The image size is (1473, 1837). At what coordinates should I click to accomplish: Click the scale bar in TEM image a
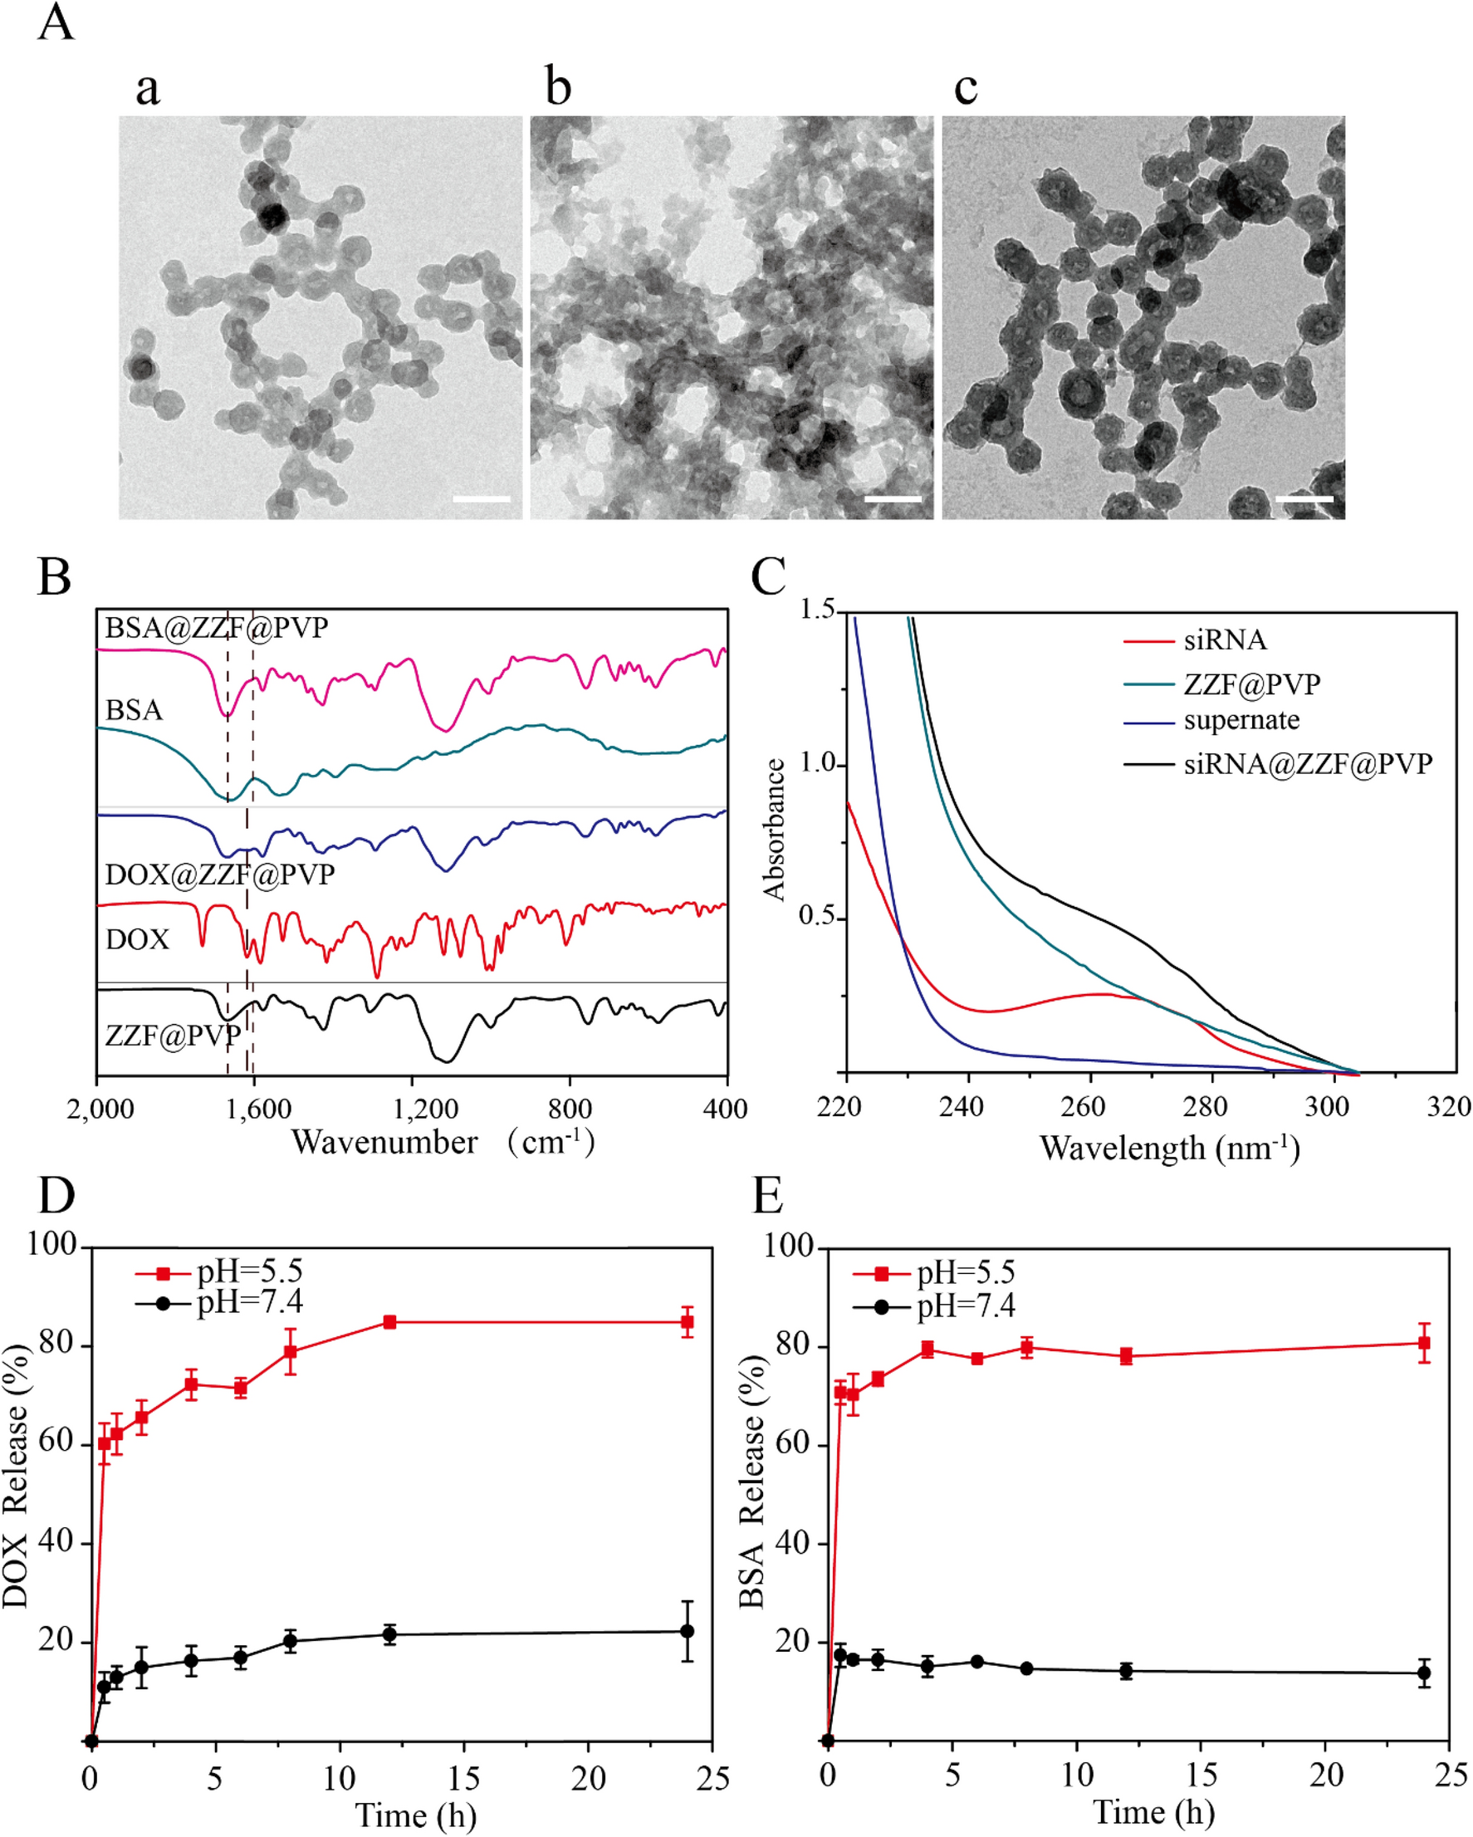[482, 498]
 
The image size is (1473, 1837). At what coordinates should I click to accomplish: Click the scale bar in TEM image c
[1304, 498]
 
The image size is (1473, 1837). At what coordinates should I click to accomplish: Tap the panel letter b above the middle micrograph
[558, 88]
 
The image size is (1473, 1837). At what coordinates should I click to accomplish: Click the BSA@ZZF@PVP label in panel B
[217, 628]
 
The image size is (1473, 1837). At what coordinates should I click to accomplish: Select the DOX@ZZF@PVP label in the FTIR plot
[220, 874]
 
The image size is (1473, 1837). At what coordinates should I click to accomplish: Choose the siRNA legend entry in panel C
[1224, 640]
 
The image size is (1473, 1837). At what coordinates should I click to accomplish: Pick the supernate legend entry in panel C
[1241, 721]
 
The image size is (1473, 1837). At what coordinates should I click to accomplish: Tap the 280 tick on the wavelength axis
[1205, 1108]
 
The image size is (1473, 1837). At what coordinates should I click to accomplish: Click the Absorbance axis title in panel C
[775, 829]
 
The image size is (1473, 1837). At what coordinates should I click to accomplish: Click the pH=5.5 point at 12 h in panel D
[389, 1322]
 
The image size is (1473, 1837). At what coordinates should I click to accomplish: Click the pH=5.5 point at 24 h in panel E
[1422, 1344]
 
